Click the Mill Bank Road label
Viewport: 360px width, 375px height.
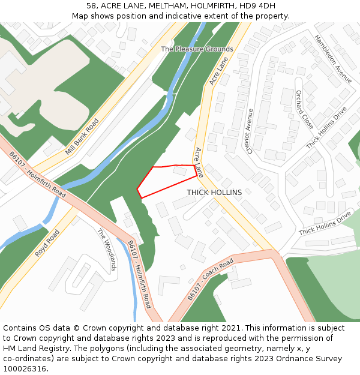click(x=82, y=137)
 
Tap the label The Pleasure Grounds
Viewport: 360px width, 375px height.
click(x=197, y=49)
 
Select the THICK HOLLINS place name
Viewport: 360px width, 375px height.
click(x=214, y=193)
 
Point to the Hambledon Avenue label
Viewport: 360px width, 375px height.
click(x=334, y=58)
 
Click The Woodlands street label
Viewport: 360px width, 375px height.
click(x=106, y=250)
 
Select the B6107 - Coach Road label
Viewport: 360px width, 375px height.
click(x=210, y=279)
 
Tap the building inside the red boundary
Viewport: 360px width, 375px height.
click(x=179, y=171)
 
